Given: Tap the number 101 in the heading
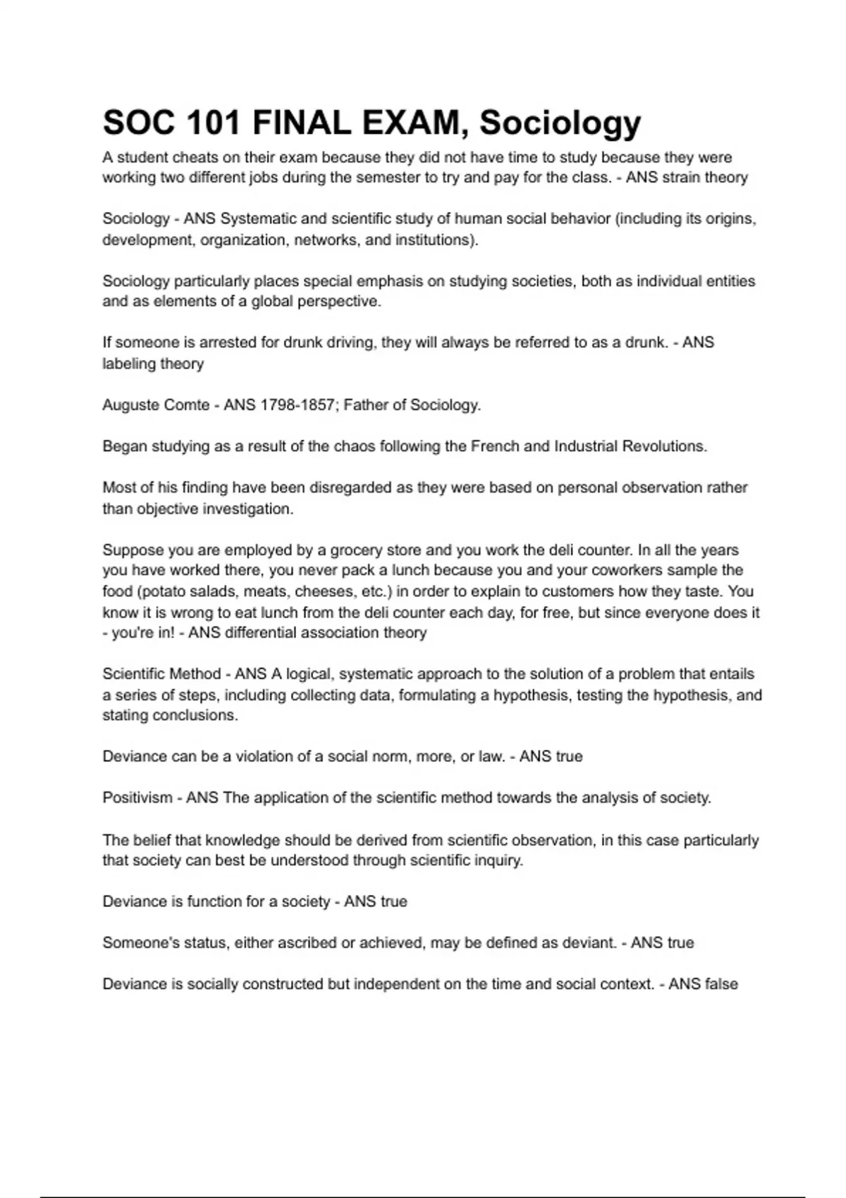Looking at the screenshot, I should click(212, 123).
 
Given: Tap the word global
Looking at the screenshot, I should click(271, 302).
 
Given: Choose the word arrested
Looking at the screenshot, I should click(228, 342).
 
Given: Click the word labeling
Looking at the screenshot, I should click(129, 364).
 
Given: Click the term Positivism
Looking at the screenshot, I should click(137, 798).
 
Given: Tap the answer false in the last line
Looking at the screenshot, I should click(719, 984).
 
